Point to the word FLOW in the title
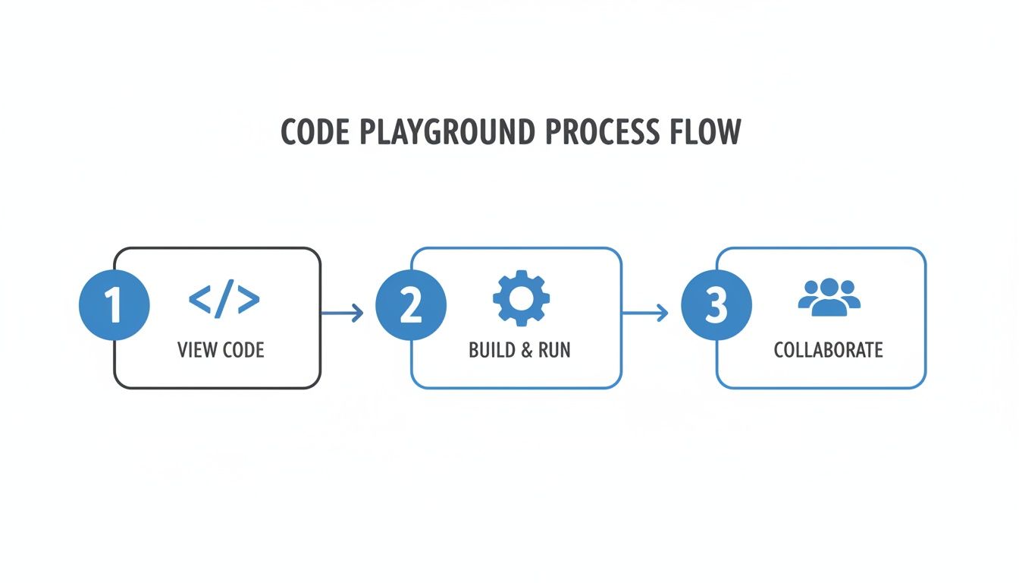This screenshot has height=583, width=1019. coord(705,132)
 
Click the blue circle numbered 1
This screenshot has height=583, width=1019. coord(114,306)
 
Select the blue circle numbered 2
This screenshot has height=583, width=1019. coord(411,306)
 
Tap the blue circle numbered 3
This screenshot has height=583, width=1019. coord(716,306)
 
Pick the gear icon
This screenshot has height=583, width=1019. coord(522,298)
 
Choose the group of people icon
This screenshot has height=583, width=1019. coord(829,297)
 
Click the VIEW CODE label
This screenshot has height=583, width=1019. coord(221,350)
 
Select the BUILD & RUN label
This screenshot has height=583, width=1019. coord(519,350)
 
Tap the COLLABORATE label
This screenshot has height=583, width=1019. coord(828,350)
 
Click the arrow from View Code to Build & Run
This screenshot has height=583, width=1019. coord(343,312)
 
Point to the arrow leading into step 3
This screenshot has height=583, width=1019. coord(645,312)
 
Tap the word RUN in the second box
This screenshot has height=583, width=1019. coord(554,350)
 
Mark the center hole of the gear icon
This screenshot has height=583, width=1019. coord(522,298)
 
